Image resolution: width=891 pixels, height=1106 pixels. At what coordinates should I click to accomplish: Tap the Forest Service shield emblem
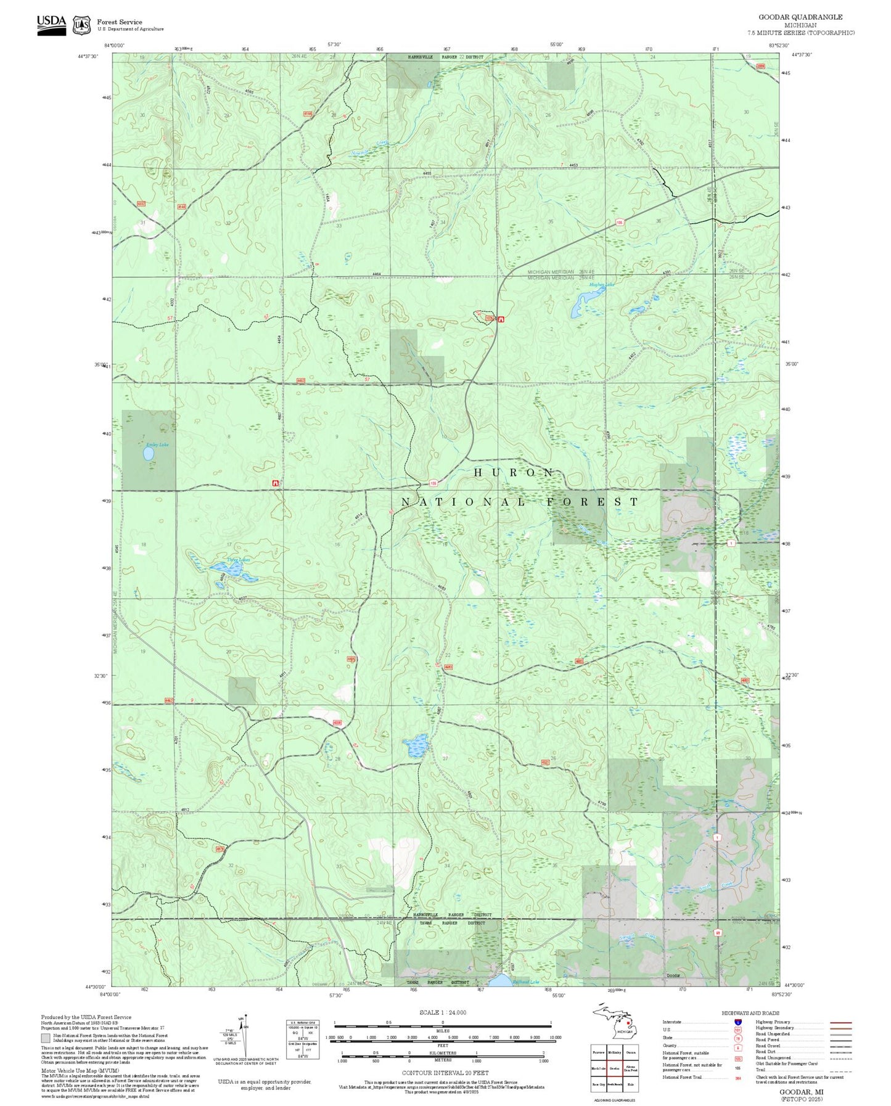[x=81, y=25]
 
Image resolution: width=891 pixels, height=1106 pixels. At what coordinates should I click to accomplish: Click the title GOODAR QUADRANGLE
[x=800, y=17]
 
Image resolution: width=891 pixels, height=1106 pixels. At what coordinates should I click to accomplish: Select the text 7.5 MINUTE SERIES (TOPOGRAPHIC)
[x=800, y=33]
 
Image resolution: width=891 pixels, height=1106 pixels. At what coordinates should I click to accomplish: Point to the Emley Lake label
[x=157, y=444]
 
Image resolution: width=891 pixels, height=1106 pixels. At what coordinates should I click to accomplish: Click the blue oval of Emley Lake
[x=149, y=454]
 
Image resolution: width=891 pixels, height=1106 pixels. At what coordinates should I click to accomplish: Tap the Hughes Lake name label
[x=601, y=285]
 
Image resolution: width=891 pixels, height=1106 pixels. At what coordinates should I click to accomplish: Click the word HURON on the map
[x=514, y=472]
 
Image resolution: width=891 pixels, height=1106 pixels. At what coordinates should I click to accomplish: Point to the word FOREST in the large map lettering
[x=592, y=502]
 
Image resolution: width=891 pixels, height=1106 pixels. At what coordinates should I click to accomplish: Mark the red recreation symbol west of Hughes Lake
[x=501, y=319]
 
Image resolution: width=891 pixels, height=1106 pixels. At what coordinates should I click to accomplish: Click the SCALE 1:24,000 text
[x=442, y=1012]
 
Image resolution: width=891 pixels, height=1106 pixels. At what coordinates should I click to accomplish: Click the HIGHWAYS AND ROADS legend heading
[x=750, y=1012]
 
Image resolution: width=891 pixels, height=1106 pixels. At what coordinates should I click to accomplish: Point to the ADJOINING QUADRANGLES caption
[x=614, y=1100]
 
